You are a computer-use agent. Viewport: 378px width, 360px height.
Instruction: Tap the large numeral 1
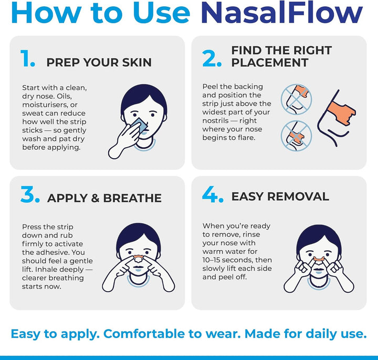click(x=28, y=59)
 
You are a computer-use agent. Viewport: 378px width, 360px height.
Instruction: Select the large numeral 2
click(x=212, y=59)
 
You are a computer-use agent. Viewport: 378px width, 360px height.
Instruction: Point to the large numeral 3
click(x=30, y=195)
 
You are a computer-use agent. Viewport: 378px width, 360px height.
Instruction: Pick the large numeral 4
click(x=213, y=195)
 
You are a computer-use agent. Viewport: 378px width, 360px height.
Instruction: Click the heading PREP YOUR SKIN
click(x=99, y=63)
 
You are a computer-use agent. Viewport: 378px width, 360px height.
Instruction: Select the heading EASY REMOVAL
click(x=280, y=197)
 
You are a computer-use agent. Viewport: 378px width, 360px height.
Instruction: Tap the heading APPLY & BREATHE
click(x=104, y=198)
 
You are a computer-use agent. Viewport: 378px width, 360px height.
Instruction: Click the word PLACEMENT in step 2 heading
click(x=270, y=63)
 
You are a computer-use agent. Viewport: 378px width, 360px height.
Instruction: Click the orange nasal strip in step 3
click(x=138, y=258)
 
